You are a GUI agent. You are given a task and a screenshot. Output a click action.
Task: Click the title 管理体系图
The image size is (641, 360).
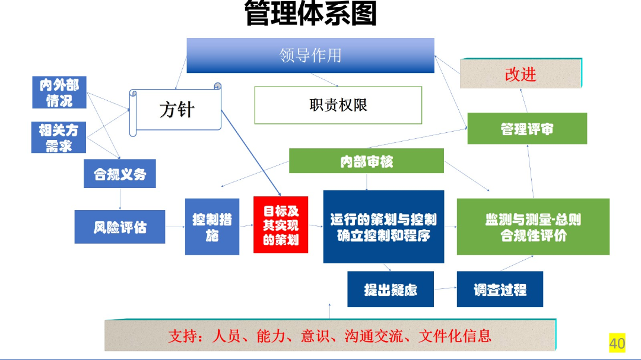click(310, 14)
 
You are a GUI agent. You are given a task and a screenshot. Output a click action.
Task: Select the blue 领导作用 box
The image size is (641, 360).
click(310, 55)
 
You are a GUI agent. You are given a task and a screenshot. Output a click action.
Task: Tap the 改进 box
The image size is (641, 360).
click(521, 74)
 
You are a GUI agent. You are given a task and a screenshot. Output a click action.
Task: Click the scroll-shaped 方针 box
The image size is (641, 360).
click(176, 109)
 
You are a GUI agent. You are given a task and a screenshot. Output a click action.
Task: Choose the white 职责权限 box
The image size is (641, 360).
click(338, 105)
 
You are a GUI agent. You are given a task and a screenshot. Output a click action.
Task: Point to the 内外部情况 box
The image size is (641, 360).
click(59, 93)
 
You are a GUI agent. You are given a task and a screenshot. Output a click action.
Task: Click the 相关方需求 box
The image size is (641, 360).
click(58, 137)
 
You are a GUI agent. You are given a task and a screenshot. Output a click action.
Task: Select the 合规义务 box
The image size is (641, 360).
click(119, 174)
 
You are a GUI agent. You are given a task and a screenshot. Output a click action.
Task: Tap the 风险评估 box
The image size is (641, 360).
click(119, 227)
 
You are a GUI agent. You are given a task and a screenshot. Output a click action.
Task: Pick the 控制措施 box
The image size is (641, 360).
click(212, 227)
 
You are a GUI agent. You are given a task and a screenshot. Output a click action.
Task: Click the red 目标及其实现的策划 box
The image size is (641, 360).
click(281, 225)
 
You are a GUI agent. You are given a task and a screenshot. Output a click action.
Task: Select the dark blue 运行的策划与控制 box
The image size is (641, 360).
click(383, 227)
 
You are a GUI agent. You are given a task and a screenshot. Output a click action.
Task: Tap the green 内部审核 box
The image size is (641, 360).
click(366, 161)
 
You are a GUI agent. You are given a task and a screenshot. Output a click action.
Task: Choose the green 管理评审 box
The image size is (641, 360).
click(526, 128)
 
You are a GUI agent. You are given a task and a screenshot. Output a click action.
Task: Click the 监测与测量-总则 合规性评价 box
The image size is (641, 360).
click(532, 227)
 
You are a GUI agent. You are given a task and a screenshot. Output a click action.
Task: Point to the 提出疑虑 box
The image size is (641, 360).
click(390, 289)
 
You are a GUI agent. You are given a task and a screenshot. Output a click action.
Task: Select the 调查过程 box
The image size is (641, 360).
click(500, 289)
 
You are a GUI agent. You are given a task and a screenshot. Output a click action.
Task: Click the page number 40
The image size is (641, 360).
click(617, 342)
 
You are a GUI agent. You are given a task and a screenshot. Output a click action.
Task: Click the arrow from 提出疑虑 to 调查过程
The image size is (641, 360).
click(445, 289)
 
